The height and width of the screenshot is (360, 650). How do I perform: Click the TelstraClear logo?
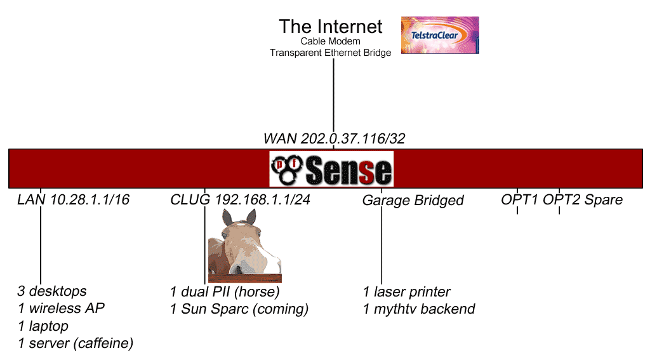click(440, 35)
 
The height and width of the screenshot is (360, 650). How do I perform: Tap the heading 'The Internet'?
click(331, 27)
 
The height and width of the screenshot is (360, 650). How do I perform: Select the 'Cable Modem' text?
click(330, 41)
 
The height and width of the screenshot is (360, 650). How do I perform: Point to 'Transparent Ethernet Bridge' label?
click(330, 53)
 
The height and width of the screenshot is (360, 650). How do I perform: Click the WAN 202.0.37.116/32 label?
click(335, 138)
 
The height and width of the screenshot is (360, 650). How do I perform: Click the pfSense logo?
click(331, 168)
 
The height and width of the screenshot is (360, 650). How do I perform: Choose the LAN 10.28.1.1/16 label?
click(73, 199)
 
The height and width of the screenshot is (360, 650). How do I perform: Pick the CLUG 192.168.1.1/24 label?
click(240, 199)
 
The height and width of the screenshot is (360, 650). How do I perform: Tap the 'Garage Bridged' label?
click(413, 201)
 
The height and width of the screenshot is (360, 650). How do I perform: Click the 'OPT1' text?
click(519, 200)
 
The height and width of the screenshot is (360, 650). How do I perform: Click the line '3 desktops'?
click(52, 291)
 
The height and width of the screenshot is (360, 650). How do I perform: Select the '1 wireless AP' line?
click(61, 309)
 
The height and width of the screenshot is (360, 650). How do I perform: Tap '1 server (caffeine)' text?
click(76, 343)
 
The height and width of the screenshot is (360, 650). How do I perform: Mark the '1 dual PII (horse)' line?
click(225, 291)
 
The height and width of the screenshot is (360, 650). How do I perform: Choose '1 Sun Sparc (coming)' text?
click(239, 309)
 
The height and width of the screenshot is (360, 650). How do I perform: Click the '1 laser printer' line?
click(406, 291)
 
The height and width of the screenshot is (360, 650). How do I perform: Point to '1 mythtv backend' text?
click(418, 309)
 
